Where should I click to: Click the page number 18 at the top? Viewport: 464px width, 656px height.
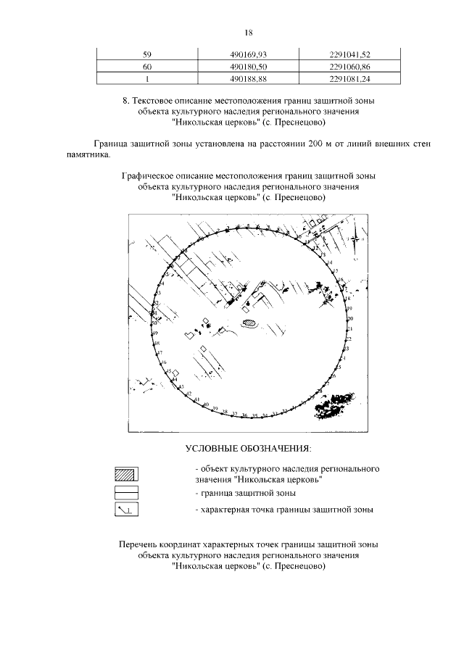248,33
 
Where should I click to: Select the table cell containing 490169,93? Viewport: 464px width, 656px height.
248,54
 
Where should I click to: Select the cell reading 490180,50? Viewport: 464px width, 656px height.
248,66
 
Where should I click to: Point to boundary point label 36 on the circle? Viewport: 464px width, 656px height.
244,416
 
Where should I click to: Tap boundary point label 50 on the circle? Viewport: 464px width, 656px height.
154,322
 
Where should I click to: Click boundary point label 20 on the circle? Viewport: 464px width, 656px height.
350,319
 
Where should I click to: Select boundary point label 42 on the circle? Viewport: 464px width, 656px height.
188,394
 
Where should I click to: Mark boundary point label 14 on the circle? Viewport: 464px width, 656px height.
330,262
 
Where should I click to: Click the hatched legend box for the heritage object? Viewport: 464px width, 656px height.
126,475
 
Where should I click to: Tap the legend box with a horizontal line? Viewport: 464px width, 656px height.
126,492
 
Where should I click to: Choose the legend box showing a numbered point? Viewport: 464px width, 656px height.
126,510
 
